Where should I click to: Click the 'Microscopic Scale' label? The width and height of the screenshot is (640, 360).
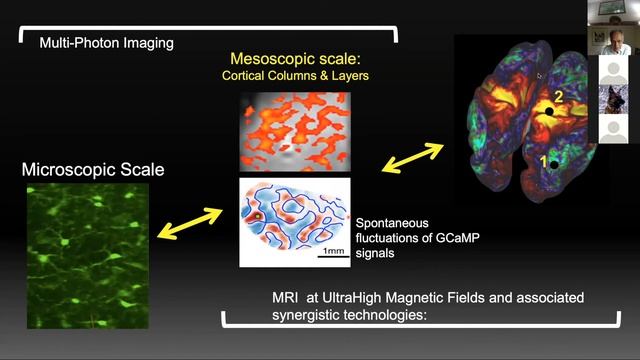93,170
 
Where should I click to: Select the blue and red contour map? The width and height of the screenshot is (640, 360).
293,222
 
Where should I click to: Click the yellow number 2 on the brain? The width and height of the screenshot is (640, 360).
559,96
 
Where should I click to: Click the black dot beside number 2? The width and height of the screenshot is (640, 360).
548,112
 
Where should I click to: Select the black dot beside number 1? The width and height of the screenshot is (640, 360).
554,164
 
